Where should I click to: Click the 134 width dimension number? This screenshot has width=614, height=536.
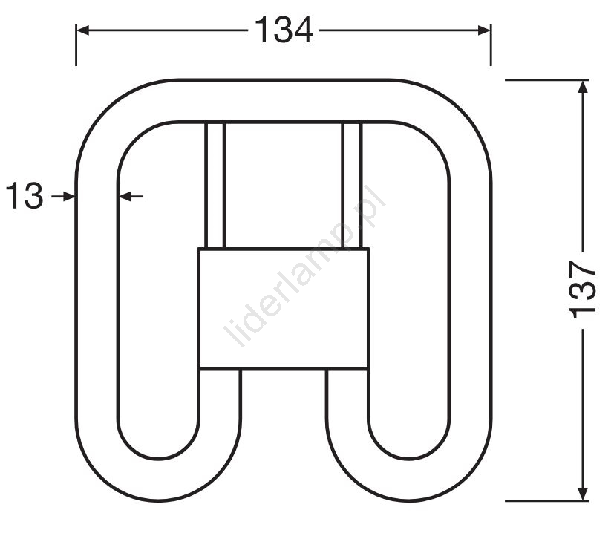pos(284,30)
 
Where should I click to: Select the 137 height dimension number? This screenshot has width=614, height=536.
pos(582,290)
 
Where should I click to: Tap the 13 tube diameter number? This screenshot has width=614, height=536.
pos(25,195)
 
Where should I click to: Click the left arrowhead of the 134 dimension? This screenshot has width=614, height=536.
pos(82,30)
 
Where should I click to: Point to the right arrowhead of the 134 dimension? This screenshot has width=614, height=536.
pos(484,30)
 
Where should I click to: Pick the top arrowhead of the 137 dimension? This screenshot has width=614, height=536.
pos(584,87)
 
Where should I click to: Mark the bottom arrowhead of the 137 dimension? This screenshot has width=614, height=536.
pos(584,494)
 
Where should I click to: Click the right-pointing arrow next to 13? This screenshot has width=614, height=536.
pos(63,196)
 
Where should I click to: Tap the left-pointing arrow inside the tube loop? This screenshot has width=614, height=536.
pos(131,196)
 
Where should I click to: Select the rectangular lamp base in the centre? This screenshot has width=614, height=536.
pos(284,309)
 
